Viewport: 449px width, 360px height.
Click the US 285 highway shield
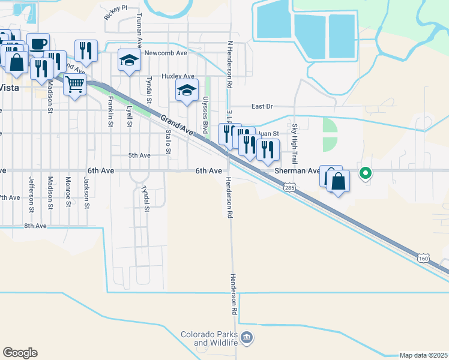click(290, 188)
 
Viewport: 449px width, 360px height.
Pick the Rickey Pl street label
click(115, 12)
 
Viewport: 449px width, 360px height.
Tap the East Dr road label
click(262, 106)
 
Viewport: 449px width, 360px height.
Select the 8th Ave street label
click(35, 226)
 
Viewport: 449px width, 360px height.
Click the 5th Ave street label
click(139, 155)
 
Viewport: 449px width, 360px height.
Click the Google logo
click(20, 353)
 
